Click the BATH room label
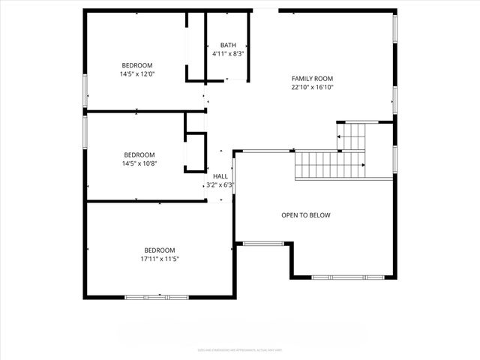[x=227, y=46]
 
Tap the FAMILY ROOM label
[x=312, y=79]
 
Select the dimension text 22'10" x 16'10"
[x=312, y=88]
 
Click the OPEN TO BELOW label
[x=305, y=215]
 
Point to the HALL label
[x=220, y=176]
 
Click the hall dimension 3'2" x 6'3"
[x=220, y=184]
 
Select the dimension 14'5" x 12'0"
[x=137, y=74]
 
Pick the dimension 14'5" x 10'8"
[x=139, y=163]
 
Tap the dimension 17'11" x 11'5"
[x=160, y=259]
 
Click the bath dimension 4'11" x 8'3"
[x=227, y=54]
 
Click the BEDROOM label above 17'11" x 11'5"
[x=160, y=250]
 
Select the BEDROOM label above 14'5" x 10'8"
[x=139, y=154]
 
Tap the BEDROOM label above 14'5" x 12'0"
[x=137, y=65]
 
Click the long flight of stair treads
[x=330, y=164]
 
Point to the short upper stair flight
[x=352, y=136]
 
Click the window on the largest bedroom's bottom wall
[x=157, y=298]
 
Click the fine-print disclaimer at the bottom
[x=240, y=349]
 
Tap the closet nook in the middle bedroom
[x=195, y=152]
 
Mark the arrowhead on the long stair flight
[x=364, y=164]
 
